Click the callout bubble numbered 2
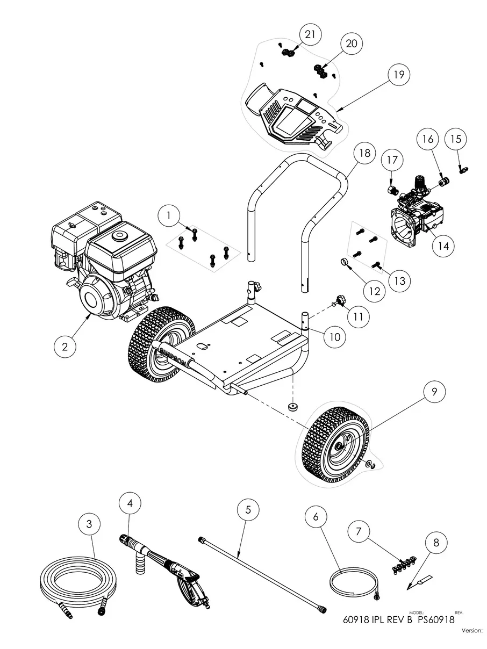(x=65, y=347)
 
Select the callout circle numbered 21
(x=310, y=34)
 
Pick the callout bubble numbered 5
(x=248, y=510)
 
